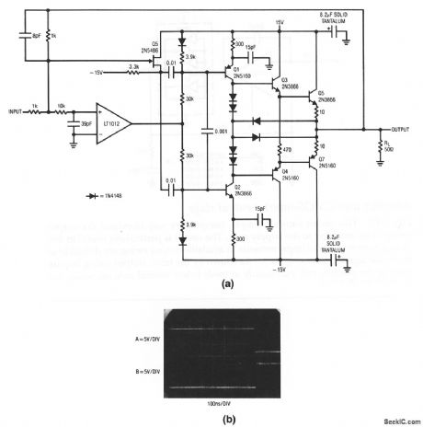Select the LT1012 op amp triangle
point(116,121)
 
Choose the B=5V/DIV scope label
point(139,372)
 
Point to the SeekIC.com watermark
point(394,419)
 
